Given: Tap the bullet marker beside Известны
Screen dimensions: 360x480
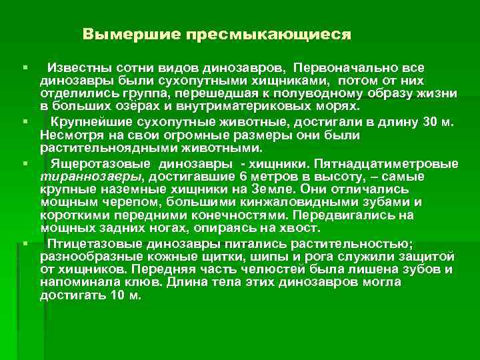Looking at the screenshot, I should [24, 69].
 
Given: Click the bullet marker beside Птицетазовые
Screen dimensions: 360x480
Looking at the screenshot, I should [24, 244].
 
